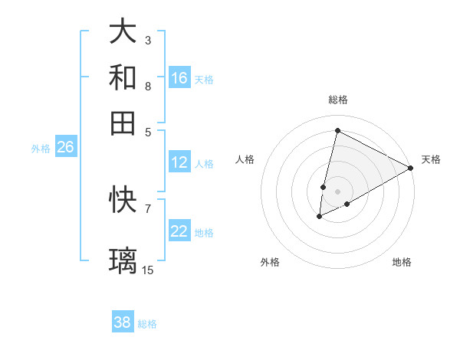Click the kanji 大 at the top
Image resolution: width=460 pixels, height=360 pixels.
pyautogui.click(x=123, y=32)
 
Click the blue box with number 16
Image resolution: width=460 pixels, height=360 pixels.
pyautogui.click(x=179, y=78)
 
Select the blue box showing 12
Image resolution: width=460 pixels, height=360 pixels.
pyautogui.click(x=179, y=162)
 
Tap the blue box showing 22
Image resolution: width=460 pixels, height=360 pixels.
pyautogui.click(x=179, y=232)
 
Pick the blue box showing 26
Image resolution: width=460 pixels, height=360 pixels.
pyautogui.click(x=65, y=148)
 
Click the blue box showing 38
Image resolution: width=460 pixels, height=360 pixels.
pyautogui.click(x=123, y=322)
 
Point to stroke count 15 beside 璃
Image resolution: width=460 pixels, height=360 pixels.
pyautogui.click(x=148, y=270)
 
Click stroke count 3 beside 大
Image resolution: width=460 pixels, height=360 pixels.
pyautogui.click(x=147, y=40)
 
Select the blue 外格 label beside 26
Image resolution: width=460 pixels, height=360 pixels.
pyautogui.click(x=41, y=149)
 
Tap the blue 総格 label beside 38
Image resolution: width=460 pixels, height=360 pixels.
pyautogui.click(x=147, y=324)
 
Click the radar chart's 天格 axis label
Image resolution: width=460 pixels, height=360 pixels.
pyautogui.click(x=431, y=159)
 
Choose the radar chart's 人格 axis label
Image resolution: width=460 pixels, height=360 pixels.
pyautogui.click(x=245, y=159)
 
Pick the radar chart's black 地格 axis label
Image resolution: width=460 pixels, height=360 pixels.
pyautogui.click(x=402, y=262)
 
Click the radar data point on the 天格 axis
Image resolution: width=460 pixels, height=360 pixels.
pyautogui.click(x=411, y=168)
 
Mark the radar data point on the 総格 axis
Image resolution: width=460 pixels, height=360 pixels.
pyautogui.click(x=337, y=129)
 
